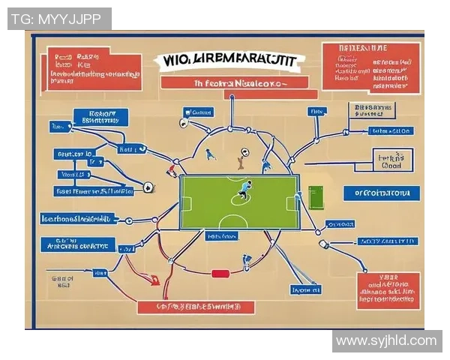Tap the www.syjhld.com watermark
click(386, 341)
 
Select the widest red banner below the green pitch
click(196, 307)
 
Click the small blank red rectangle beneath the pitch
click(220, 274)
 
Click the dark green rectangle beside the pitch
click(315, 198)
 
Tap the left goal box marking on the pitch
click(186, 203)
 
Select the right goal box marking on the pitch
click(293, 203)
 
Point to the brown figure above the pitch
click(241, 158)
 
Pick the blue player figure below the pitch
click(246, 260)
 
